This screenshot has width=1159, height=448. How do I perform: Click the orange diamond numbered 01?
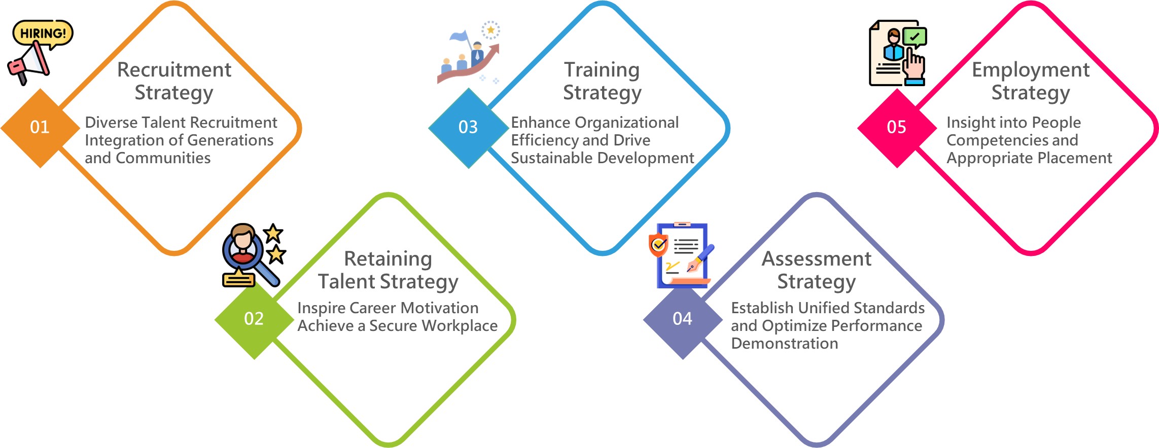40,128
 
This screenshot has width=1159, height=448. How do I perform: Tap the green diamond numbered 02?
254,319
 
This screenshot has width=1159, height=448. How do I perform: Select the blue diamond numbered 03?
468,128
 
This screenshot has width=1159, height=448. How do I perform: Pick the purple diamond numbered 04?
683,319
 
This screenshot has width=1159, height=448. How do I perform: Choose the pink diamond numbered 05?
897,128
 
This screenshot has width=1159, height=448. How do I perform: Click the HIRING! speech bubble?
43,34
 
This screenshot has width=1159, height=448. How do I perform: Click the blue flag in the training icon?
460,36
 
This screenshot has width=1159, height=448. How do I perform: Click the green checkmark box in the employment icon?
915,37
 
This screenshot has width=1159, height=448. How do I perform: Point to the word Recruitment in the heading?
174,69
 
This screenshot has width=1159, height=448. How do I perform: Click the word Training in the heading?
602,70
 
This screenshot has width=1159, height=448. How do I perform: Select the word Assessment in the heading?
817,258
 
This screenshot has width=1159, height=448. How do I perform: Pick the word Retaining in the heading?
388,259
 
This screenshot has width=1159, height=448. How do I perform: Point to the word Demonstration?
785,343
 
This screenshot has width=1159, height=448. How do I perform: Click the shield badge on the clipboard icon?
658,245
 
